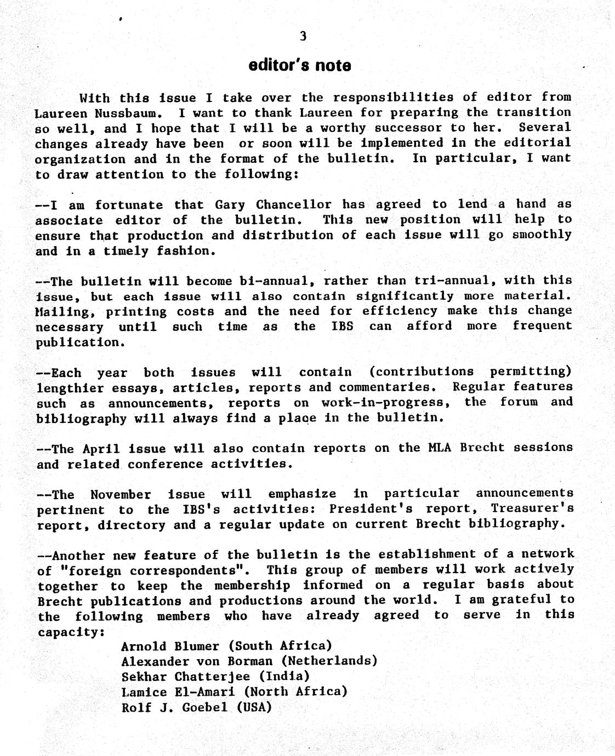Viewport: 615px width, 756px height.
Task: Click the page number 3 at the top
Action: click(x=303, y=36)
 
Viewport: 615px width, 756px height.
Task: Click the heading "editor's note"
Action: click(x=300, y=66)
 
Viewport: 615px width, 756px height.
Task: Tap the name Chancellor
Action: click(x=293, y=205)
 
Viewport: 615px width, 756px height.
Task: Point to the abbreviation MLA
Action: click(x=440, y=448)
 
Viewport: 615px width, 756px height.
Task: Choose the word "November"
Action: click(x=121, y=495)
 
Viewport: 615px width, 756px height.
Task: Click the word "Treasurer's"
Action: click(x=532, y=508)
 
